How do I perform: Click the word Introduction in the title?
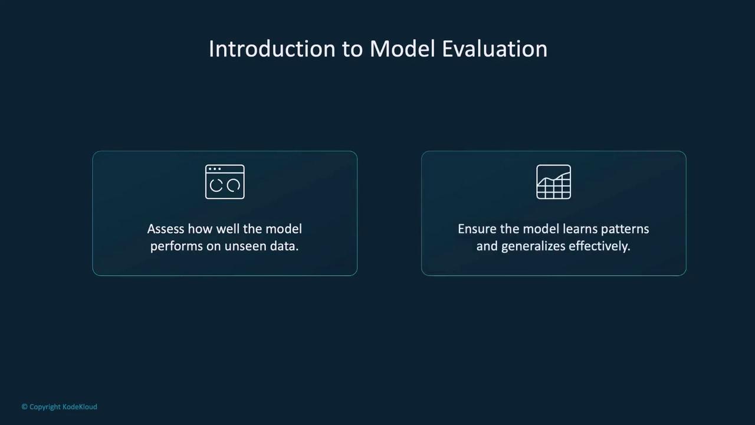273,49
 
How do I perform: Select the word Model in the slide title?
402,49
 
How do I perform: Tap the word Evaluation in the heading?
495,49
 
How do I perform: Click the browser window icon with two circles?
225,182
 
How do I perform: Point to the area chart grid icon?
553,182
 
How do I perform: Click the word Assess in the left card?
165,229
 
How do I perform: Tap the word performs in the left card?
176,247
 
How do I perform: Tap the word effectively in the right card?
599,247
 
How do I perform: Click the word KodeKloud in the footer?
80,407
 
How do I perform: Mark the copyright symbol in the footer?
25,407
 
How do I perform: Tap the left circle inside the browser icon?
216,185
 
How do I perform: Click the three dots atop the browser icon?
215,169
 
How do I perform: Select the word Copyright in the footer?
45,407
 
